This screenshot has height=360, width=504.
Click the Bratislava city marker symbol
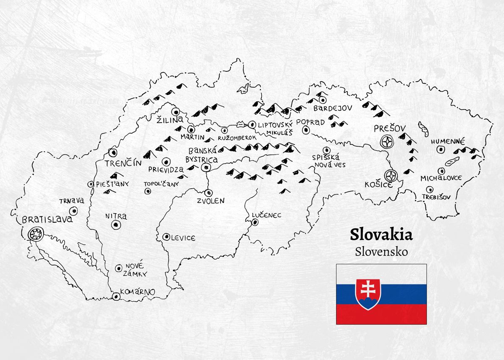tap(36, 233)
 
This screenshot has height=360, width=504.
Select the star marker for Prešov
tap(386, 142)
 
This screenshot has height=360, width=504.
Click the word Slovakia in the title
tap(381, 234)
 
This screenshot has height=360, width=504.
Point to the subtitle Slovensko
tap(381, 252)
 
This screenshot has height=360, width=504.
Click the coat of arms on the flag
tap(368, 294)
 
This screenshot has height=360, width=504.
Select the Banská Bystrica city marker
tap(206, 168)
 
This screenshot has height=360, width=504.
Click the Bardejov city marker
tap(323, 100)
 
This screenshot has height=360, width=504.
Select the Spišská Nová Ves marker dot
tap(326, 150)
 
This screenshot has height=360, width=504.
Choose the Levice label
tap(183, 238)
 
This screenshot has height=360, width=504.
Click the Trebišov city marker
tap(429, 189)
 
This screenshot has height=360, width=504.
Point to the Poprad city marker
tap(306, 130)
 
